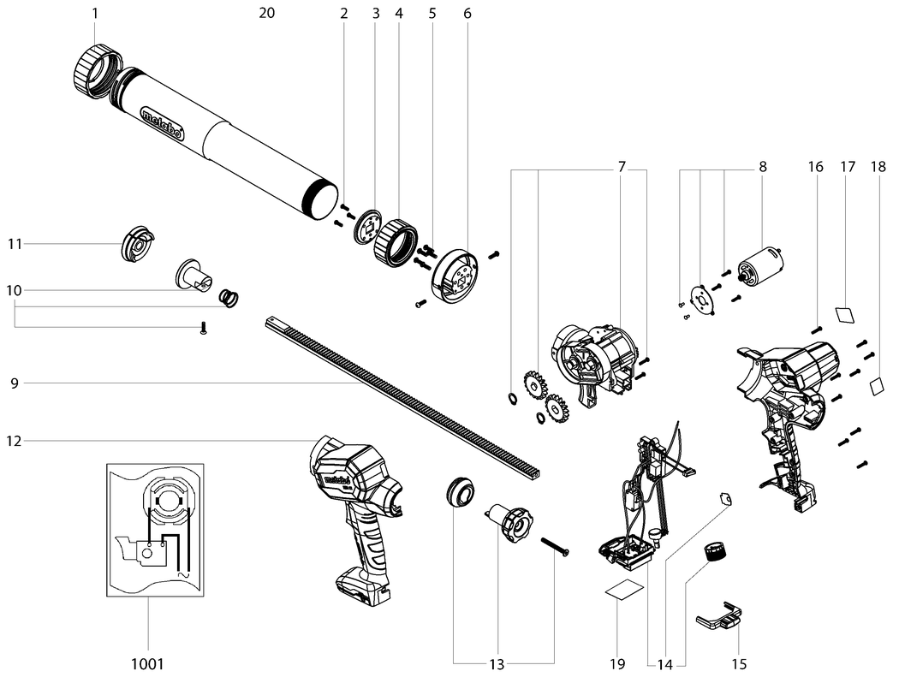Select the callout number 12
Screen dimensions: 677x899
(14, 441)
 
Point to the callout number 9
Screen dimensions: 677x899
(14, 383)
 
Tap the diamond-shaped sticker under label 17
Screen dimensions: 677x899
(845, 314)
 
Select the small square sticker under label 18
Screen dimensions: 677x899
(878, 385)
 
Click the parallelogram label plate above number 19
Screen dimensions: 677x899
(624, 591)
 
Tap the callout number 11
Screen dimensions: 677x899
(14, 244)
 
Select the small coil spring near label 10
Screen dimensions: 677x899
(229, 298)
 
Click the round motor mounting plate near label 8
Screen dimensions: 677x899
(704, 299)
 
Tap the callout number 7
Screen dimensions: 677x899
(622, 167)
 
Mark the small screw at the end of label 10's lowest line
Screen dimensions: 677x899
(203, 329)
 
